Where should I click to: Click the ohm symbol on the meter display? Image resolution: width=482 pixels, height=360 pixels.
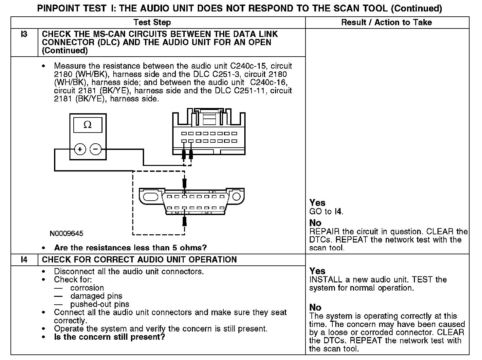(87, 125)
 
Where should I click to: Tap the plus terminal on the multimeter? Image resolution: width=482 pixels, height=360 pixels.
(80, 150)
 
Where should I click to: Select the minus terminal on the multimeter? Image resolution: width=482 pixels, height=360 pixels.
(96, 150)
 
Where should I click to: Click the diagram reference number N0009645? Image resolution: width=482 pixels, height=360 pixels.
(66, 234)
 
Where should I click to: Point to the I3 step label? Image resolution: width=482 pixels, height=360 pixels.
(24, 34)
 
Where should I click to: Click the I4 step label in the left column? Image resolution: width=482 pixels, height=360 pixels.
(24, 260)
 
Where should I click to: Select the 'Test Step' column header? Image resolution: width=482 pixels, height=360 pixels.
(152, 23)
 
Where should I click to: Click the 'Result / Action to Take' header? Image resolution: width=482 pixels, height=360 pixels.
(386, 23)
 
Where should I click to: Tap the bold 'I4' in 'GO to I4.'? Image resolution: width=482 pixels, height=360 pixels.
(338, 211)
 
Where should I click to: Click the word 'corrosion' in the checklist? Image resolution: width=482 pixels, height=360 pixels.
(87, 288)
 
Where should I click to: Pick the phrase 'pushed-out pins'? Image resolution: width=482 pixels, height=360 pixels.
(100, 304)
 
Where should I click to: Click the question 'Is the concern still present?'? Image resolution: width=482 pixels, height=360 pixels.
(109, 337)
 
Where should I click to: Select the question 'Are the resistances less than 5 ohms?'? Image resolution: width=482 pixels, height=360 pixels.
(130, 248)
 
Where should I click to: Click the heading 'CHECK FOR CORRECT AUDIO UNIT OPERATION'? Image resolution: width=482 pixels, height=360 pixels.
(139, 260)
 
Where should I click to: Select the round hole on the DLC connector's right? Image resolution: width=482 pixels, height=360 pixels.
(236, 196)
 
